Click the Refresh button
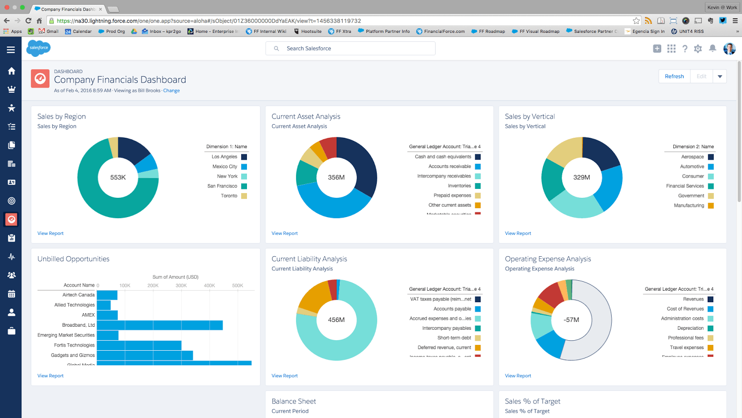[x=674, y=76]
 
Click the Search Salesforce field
[x=350, y=49]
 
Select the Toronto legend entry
[x=229, y=196]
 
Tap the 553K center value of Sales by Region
[x=118, y=177]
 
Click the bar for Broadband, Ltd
[x=160, y=325]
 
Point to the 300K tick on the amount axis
[x=181, y=285]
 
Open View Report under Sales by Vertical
[x=518, y=233]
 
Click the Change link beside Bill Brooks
[x=171, y=91]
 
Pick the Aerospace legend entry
[x=692, y=157]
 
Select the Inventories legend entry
[x=459, y=186]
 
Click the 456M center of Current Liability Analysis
[x=336, y=319]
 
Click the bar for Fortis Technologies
[x=139, y=345]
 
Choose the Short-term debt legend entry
[x=454, y=338]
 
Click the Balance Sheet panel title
[x=294, y=401]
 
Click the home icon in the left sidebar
[x=11, y=71]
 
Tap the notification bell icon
[x=712, y=49]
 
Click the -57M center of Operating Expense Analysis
[x=572, y=319]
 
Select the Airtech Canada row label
[x=79, y=295]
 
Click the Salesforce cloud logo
[x=38, y=48]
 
